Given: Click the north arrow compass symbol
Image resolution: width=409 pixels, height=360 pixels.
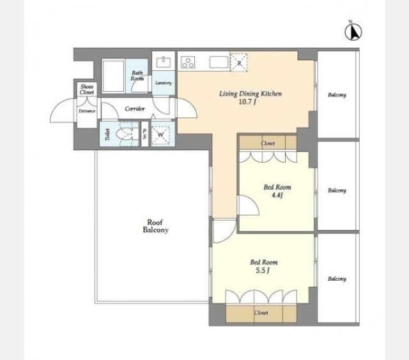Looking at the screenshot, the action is coord(353,31).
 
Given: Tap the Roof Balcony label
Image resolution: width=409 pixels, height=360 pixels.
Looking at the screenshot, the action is coord(156,226).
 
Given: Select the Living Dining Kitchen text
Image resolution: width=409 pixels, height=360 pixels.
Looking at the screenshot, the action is coord(251,94).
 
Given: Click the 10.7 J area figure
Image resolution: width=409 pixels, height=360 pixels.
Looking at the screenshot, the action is coord(247,101).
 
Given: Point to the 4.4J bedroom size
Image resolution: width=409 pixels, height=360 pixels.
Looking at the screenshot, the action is coord(277,195).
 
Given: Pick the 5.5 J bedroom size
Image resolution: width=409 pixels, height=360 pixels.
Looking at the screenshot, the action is coord(263,271).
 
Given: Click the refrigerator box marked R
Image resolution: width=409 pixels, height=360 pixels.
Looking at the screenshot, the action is coord(239,63).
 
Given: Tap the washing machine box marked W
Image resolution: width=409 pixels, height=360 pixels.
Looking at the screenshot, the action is coord(160,135).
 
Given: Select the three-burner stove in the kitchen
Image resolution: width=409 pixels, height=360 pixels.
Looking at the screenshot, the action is coord(188,63).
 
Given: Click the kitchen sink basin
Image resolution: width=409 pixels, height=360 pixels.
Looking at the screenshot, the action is coord(219,63).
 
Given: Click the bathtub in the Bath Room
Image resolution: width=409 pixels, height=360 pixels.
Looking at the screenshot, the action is coord(113,76).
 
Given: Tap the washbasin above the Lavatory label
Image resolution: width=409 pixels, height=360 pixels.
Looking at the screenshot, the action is coord(164,63).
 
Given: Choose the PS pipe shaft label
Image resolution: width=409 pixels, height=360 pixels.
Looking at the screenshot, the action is coord(144,134).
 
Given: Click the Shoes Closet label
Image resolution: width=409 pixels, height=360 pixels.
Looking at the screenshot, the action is coord(87,89).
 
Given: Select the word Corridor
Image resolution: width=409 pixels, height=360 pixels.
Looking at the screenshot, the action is coord(135,109).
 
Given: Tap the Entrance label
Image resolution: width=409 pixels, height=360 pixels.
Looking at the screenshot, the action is coord(87,111).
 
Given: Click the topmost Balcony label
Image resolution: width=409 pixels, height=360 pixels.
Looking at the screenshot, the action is coord(337,95).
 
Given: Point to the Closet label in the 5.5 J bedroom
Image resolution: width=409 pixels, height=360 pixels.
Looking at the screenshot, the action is coord(261,313).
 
